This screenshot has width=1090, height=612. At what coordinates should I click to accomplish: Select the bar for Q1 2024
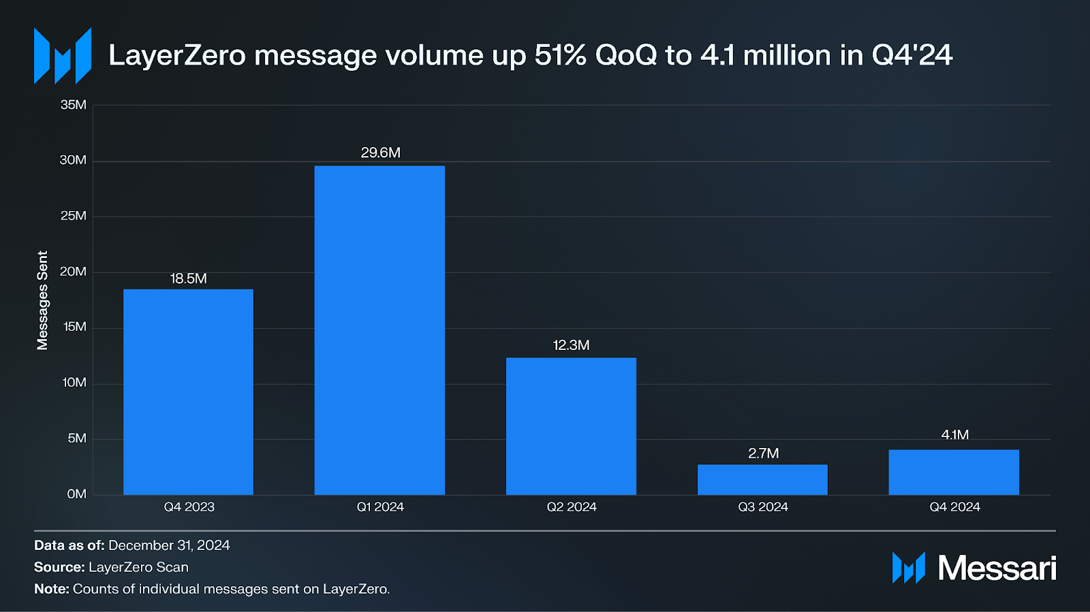[x=379, y=330]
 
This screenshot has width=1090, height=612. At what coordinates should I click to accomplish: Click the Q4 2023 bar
[x=188, y=392]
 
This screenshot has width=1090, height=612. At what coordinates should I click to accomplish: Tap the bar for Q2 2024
[x=571, y=426]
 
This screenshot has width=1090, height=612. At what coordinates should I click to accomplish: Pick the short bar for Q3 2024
[x=762, y=480]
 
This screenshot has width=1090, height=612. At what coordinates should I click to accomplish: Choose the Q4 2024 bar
[x=954, y=472]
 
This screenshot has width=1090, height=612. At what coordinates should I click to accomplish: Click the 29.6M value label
[x=380, y=152]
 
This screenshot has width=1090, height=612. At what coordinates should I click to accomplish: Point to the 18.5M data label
[x=188, y=278]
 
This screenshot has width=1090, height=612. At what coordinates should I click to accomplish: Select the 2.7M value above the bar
[x=763, y=453]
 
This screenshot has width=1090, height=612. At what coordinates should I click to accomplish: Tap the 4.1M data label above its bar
[x=954, y=435]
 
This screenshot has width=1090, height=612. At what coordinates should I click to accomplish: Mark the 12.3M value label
[x=571, y=345]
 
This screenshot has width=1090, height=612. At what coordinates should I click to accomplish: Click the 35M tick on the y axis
[x=74, y=105]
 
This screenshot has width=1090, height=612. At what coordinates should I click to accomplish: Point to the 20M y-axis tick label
[x=74, y=272]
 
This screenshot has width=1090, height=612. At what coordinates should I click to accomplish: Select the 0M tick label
[x=76, y=494]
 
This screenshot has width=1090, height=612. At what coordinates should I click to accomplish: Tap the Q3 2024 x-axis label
[x=763, y=507]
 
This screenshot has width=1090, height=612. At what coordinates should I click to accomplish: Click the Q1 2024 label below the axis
[x=380, y=507]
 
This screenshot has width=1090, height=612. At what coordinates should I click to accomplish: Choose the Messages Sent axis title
[x=43, y=300]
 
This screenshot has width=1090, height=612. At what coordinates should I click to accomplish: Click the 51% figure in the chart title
[x=560, y=55]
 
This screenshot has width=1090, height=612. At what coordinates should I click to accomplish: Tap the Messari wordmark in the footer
[x=997, y=568]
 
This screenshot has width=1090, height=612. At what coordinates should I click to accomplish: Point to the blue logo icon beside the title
[x=63, y=56]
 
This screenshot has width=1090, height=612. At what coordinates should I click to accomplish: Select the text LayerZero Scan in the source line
[x=138, y=567]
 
